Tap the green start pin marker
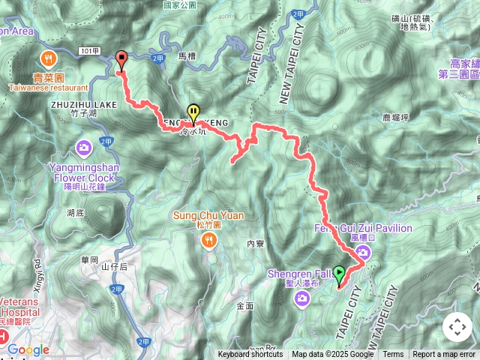[339, 275]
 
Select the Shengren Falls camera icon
[301, 299]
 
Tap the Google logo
[28, 349]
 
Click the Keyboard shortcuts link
[250, 355]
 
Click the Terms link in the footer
[393, 355]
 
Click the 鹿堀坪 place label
[395, 118]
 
